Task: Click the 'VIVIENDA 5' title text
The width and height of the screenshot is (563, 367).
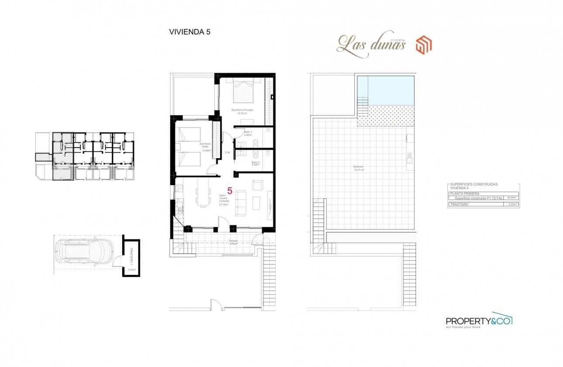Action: pos(189,31)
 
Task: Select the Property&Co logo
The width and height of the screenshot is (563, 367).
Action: pos(479,321)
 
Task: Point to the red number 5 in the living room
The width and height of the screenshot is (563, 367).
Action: pos(230,190)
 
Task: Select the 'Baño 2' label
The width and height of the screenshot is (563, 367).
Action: pos(255,163)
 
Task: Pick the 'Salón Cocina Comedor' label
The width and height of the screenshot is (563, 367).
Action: pos(223,200)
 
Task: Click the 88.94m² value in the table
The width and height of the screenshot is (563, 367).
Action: pos(512,197)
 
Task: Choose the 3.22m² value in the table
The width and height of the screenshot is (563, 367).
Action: pos(512,204)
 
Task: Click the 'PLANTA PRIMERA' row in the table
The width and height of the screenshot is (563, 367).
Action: pos(465,193)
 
